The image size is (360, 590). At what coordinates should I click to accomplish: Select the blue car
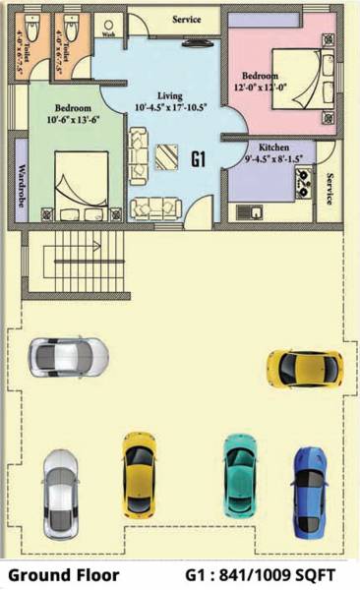click(x=311, y=487)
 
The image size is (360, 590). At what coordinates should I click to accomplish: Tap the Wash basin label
click(x=107, y=32)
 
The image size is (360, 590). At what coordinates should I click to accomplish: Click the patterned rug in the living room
click(x=163, y=155)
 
